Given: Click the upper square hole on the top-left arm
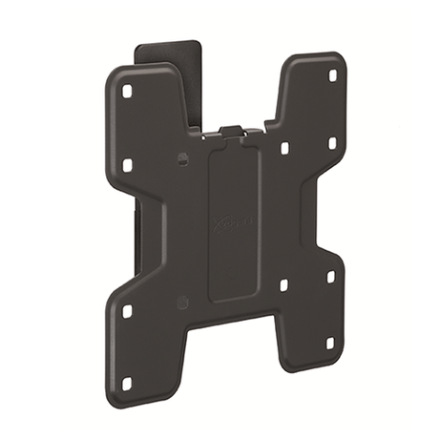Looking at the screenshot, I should pos(126,93).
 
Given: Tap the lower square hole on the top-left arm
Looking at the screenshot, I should pos(127,165).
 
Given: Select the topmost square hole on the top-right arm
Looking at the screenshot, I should pos(333,74).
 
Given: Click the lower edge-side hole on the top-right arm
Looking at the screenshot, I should pos(332,143).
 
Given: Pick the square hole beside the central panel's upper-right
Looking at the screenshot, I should pos(284,148).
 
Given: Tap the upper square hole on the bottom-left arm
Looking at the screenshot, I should pos(127,311).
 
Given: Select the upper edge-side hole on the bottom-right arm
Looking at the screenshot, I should pos(331,276).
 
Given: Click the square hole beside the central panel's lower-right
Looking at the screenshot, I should pos(283,285).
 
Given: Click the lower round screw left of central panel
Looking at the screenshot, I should pos(183,303).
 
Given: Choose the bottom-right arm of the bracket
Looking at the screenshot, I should pos(310,305).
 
